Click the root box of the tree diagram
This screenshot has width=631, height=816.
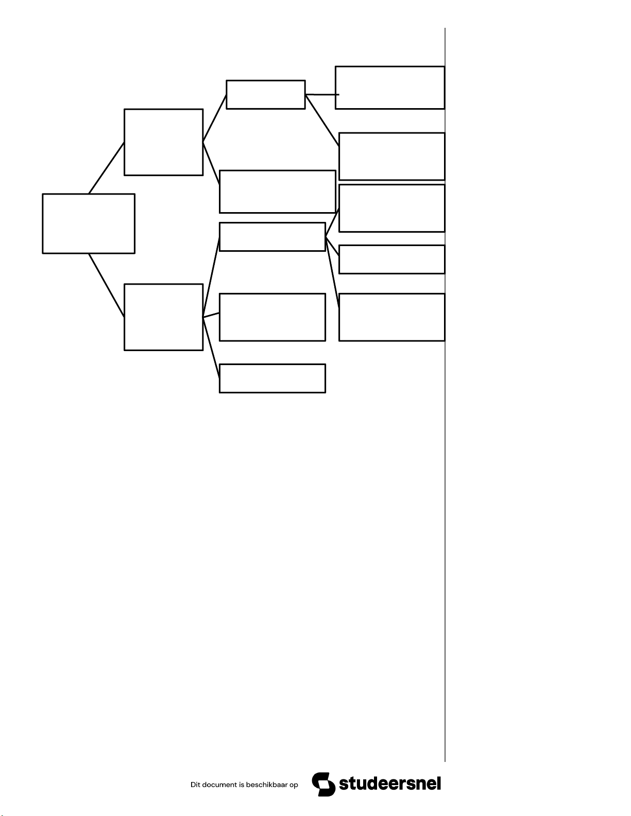pyautogui.click(x=89, y=223)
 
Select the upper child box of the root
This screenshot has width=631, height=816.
pyautogui.click(x=163, y=142)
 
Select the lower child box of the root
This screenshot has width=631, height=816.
pyautogui.click(x=163, y=317)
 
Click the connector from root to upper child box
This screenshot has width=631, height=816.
pyautogui.click(x=107, y=168)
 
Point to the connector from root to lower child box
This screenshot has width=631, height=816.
pyautogui.click(x=107, y=285)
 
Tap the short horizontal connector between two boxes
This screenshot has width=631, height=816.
pyautogui.click(x=322, y=95)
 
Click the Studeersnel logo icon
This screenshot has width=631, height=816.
pyautogui.click(x=323, y=784)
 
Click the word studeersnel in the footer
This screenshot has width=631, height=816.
pyautogui.click(x=390, y=784)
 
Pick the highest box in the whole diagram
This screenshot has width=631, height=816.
pyautogui.click(x=389, y=88)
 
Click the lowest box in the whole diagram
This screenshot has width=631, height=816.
pyautogui.click(x=272, y=378)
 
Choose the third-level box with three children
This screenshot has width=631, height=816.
pyautogui.click(x=272, y=237)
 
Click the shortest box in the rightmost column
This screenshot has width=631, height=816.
pyautogui.click(x=391, y=259)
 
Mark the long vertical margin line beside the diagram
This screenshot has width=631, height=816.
pyautogui.click(x=445, y=463)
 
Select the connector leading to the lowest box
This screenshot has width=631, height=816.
pyautogui.click(x=211, y=348)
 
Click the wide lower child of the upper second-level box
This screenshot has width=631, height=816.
pyautogui.click(x=277, y=192)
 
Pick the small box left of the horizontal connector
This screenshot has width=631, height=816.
pyautogui.click(x=266, y=95)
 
